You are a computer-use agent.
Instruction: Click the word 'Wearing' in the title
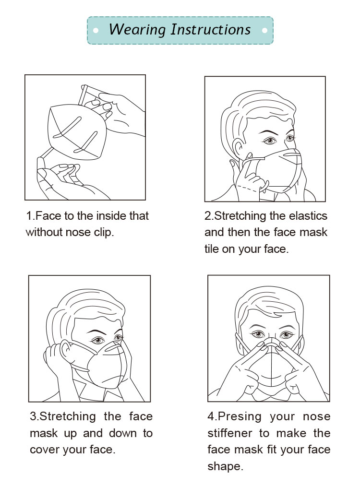coord(137,30)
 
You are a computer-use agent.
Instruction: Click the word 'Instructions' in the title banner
coord(211,29)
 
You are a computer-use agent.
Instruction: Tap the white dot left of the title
coord(96,30)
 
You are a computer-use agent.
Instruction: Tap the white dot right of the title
coord(264,30)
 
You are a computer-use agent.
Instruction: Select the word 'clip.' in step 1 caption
coord(104,233)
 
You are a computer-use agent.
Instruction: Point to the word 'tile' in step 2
coord(212,249)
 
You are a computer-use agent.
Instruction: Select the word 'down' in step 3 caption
coord(122,433)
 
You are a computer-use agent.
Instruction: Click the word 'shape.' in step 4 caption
coord(226,466)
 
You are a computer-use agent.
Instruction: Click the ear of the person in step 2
coord(239,148)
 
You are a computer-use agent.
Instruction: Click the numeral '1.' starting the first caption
coord(30,216)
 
